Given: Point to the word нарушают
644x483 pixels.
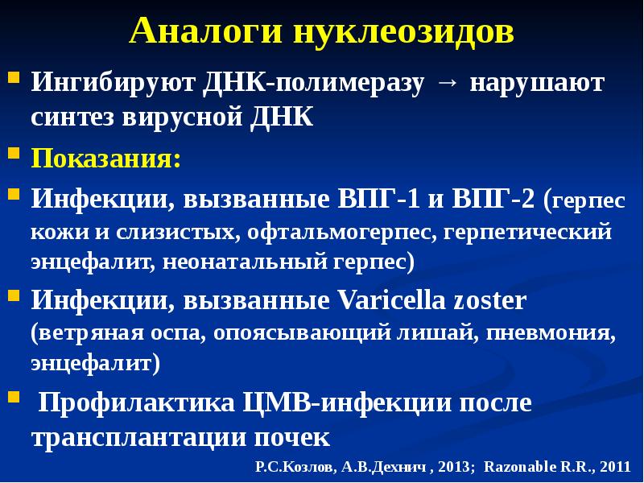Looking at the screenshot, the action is coord(537,83).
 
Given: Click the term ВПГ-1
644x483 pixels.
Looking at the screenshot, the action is coord(378,199).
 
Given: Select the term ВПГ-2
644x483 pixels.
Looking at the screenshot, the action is coord(493,199).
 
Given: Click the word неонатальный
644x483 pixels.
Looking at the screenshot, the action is coord(245,262).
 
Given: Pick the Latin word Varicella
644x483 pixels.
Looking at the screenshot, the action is coord(392,300).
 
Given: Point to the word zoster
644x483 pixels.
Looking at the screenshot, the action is coord(490,301).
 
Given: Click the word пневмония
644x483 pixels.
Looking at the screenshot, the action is coord(551,333).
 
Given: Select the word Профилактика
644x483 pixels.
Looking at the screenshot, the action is coord(136,403).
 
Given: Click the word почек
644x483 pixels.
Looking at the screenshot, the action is coord(292,438).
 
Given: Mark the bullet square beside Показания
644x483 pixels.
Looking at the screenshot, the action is coord(14,154).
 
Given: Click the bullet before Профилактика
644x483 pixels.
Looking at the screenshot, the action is coord(14,397).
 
